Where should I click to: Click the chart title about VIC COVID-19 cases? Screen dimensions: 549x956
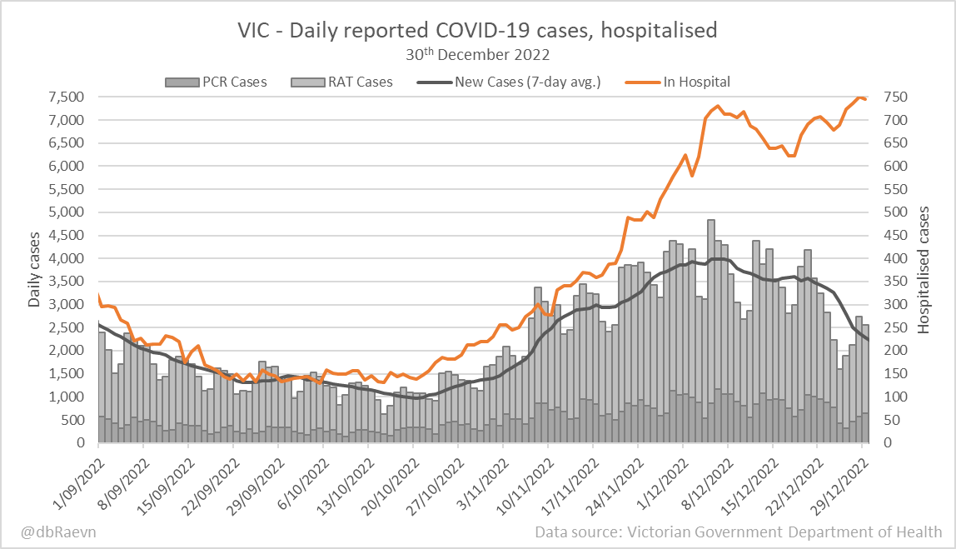click(x=477, y=31)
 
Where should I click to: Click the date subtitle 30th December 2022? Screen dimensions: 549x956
click(x=477, y=55)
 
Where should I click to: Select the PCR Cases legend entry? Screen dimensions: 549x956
click(x=217, y=82)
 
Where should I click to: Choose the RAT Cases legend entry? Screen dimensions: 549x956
click(x=341, y=82)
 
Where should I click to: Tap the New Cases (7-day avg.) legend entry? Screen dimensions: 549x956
click(x=509, y=82)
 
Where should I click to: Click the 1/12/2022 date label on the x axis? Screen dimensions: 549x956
click(x=660, y=476)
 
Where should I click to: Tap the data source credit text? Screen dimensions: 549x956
click(x=739, y=532)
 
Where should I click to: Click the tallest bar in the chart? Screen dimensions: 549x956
click(x=710, y=333)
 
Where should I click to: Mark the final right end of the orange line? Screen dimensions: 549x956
click(x=865, y=99)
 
